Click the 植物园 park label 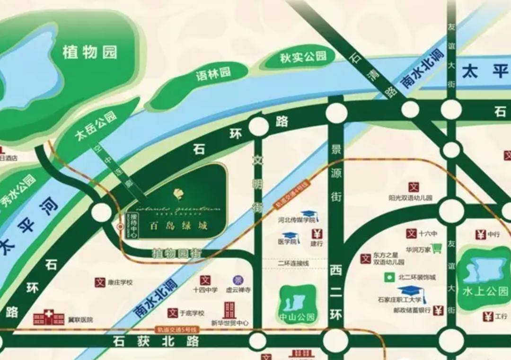coord(89,52)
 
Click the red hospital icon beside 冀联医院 coord(48,317)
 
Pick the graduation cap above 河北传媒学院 coord(310,215)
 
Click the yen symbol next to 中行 coord(481,234)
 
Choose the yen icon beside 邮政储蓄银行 coord(438,310)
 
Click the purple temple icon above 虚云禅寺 coord(236,280)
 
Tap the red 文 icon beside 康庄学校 coord(99,282)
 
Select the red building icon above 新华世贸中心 coord(229,310)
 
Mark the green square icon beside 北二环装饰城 coord(389,277)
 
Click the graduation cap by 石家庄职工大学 coord(411,291)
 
